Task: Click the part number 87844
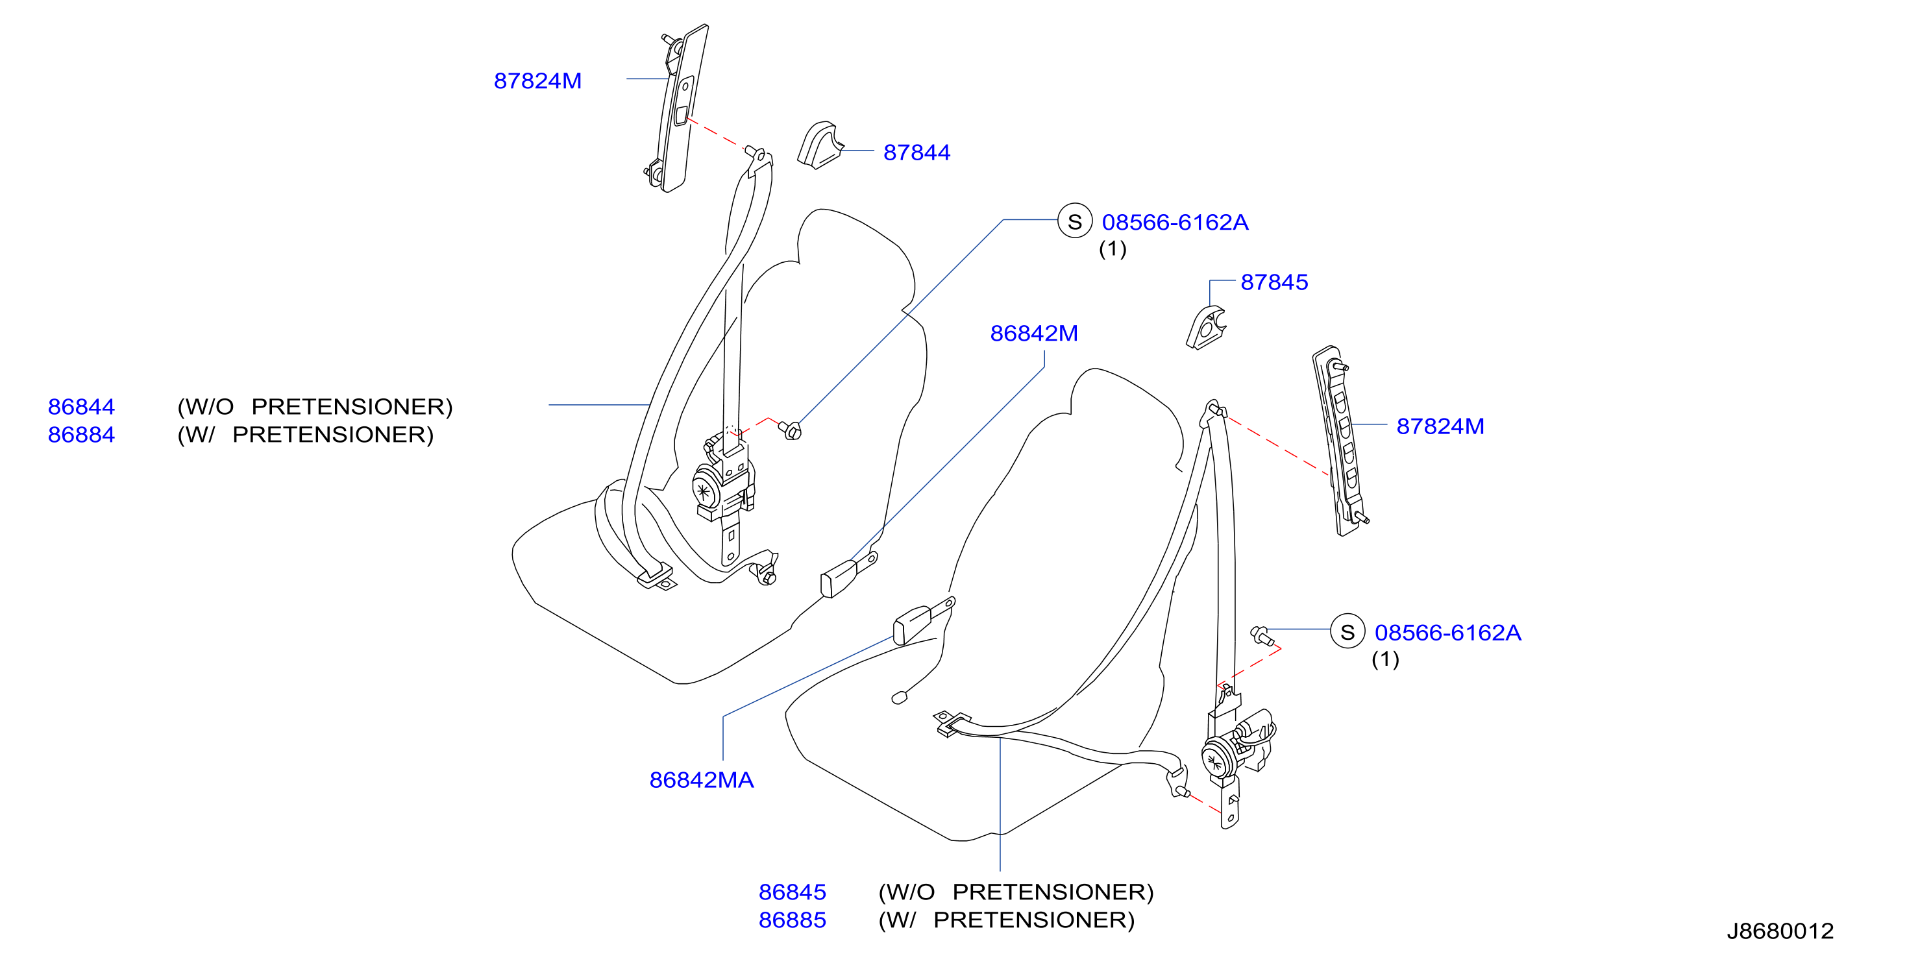point(917,152)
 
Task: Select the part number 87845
point(1274,282)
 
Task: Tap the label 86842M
point(1033,333)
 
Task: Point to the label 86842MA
point(701,779)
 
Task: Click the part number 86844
point(81,406)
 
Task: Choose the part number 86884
point(81,435)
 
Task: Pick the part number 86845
point(792,892)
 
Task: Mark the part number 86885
point(792,920)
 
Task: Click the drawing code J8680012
point(1780,931)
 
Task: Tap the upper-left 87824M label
point(537,80)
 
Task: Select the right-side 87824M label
point(1440,426)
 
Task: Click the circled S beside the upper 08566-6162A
point(1075,221)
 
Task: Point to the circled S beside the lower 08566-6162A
point(1347,631)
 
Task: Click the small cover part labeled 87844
point(820,146)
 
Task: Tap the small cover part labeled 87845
point(1206,328)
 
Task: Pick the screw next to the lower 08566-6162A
point(1261,635)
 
